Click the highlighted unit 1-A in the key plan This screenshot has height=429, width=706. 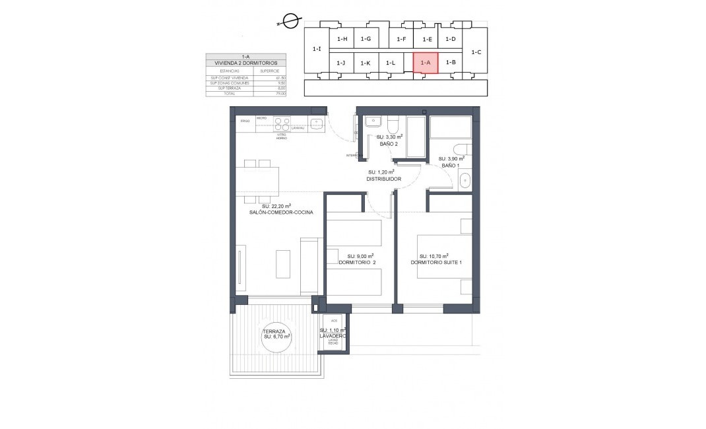(426, 63)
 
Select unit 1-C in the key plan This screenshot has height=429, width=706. (476, 51)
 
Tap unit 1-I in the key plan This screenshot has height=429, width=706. (317, 49)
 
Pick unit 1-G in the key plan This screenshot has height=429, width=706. (366, 39)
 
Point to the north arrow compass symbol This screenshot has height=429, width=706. (288, 21)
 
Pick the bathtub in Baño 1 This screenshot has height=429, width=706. (450, 127)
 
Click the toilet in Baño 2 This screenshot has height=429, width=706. (393, 125)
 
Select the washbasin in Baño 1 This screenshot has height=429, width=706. (464, 179)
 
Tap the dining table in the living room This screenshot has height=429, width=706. (257, 180)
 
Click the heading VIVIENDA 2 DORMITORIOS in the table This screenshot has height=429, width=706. (245, 63)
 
